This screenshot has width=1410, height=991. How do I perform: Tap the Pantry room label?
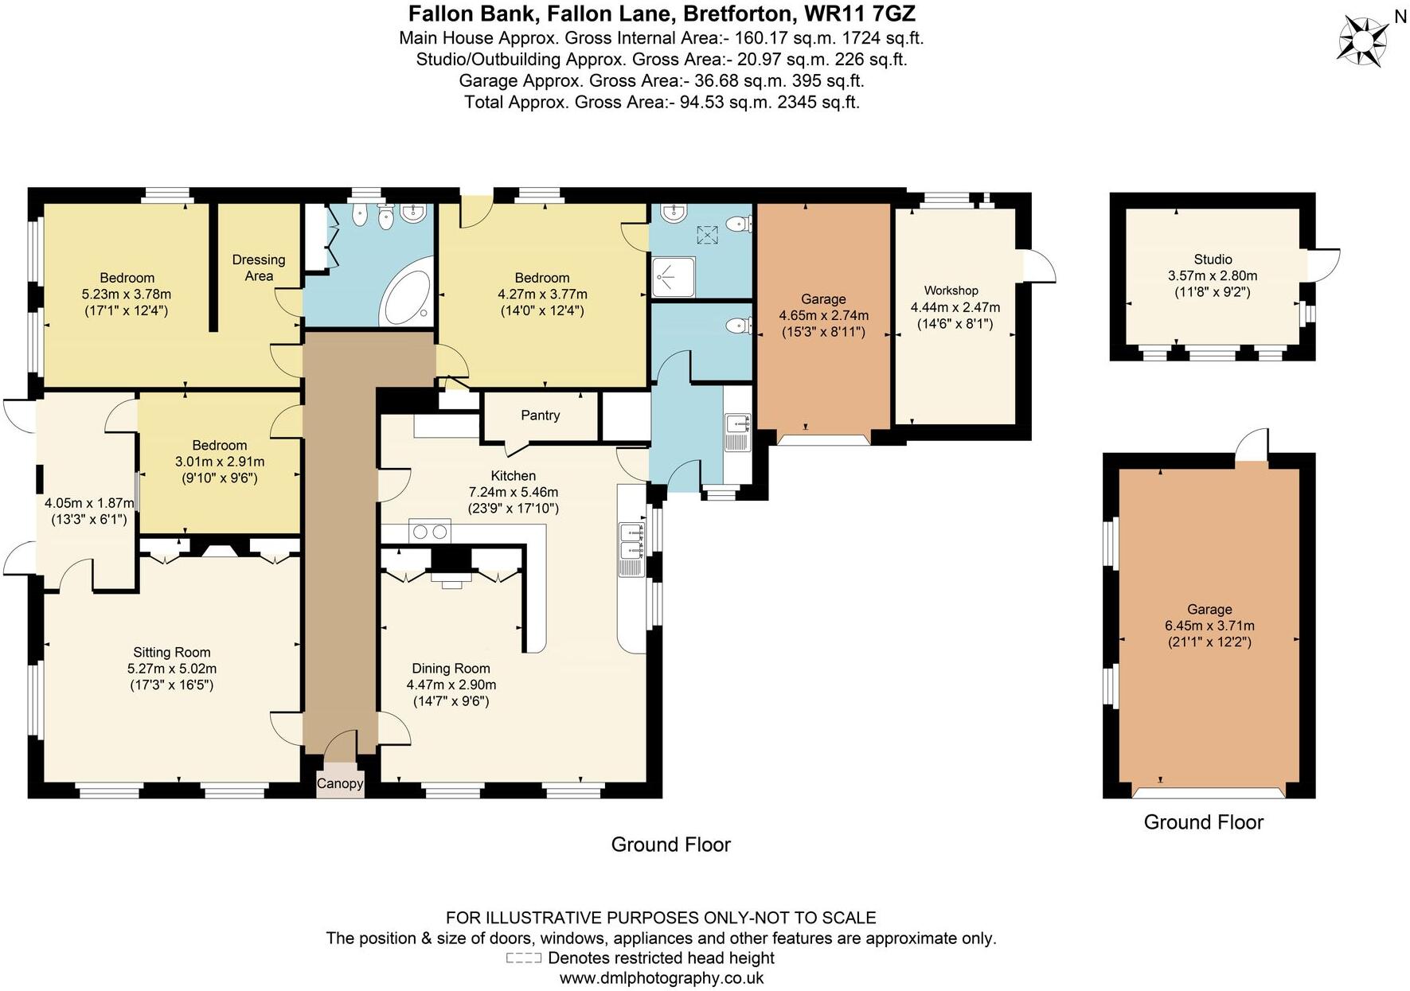tap(541, 416)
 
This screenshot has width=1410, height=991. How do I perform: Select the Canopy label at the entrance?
tap(340, 783)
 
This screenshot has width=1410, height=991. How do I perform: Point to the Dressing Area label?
tap(259, 267)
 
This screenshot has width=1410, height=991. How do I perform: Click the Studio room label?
tap(1213, 259)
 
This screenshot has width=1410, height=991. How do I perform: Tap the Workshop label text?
tap(951, 291)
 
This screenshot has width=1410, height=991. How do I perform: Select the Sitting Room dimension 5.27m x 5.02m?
tap(172, 669)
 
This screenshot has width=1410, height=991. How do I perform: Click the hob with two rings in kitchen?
tap(429, 531)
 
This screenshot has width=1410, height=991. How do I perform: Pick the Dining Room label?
tap(451, 669)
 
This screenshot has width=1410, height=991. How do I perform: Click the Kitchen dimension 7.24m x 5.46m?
tap(514, 492)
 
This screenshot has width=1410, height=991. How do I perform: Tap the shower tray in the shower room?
tap(673, 276)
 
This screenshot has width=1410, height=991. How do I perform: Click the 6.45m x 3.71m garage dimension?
tap(1209, 626)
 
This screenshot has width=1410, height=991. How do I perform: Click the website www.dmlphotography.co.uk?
tap(662, 978)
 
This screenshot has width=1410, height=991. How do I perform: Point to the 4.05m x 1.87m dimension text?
tap(89, 503)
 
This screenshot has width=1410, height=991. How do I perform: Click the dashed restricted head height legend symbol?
tap(523, 958)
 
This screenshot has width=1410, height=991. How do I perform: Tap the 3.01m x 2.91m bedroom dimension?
tap(220, 462)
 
